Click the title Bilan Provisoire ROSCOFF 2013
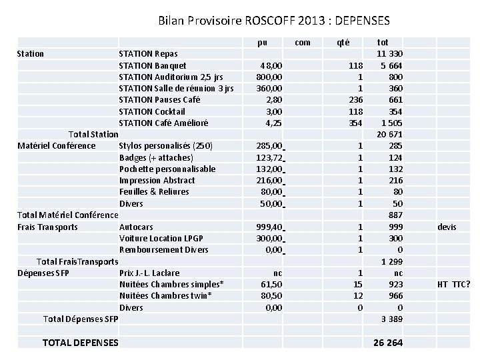[274, 21]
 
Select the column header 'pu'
[263, 42]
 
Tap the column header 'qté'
[343, 42]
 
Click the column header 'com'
[302, 42]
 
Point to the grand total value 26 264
[389, 343]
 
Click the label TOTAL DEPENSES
[80, 343]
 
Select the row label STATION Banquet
[152, 65]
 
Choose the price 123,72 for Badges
[269, 157]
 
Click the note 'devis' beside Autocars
[447, 227]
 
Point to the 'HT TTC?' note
[453, 285]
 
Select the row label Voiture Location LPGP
[161, 238]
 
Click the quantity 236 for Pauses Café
[355, 99]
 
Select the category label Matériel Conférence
[57, 146]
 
